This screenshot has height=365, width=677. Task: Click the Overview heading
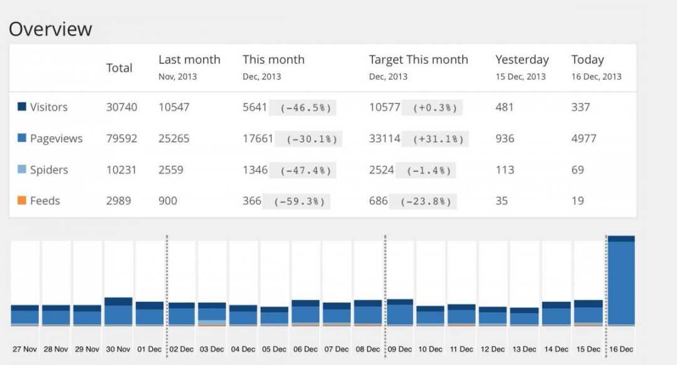tap(50, 29)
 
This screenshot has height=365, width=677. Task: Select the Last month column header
tap(189, 60)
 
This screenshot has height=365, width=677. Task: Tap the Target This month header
tap(418, 60)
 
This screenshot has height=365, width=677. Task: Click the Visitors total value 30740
tap(122, 107)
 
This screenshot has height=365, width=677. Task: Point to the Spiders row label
tap(49, 170)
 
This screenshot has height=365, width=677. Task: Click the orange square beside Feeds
tap(21, 201)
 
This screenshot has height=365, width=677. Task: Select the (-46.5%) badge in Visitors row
tap(302, 108)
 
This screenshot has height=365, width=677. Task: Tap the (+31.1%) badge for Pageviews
tap(435, 139)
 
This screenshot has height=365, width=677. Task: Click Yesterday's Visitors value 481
tap(505, 107)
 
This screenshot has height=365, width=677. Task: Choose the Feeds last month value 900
tap(168, 201)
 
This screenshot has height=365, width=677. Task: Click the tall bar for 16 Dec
tap(621, 282)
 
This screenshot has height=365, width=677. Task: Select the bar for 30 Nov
tap(118, 312)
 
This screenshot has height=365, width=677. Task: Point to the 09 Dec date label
tap(400, 349)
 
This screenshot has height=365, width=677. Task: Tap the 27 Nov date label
tap(25, 349)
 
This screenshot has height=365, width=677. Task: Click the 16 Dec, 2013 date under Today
tap(596, 77)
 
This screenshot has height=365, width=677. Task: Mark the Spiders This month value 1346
tap(255, 170)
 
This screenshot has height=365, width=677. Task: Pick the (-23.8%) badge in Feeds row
tap(422, 202)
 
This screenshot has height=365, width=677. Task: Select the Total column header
tap(119, 68)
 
